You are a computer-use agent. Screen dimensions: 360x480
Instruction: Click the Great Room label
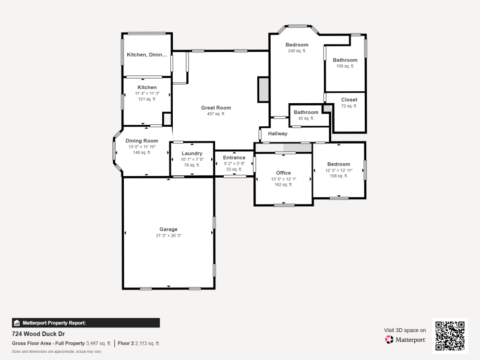click(216, 108)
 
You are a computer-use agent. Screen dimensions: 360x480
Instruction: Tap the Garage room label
click(168, 229)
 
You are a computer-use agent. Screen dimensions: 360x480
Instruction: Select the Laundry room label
click(192, 154)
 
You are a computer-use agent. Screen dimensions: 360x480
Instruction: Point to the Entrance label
click(234, 157)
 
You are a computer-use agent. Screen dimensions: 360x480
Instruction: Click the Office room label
click(283, 173)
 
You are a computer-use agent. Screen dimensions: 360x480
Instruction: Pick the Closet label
click(349, 100)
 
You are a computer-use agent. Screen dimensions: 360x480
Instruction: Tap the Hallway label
click(277, 134)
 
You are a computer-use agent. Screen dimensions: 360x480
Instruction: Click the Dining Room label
click(142, 141)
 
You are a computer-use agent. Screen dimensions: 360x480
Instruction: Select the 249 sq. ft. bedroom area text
click(297, 51)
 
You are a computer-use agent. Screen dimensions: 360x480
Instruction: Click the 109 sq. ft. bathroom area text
click(345, 66)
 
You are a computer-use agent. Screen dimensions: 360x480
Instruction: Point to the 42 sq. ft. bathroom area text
click(306, 118)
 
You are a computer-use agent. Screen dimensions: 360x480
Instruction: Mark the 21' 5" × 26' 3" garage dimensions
click(168, 236)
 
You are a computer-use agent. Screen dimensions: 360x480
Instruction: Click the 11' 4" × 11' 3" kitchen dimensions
click(147, 93)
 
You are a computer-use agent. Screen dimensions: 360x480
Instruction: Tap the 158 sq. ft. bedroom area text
click(338, 176)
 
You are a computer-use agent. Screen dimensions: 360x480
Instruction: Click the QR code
click(450, 336)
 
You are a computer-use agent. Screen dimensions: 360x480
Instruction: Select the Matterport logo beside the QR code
click(405, 340)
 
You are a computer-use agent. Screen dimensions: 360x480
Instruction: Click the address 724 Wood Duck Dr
click(38, 334)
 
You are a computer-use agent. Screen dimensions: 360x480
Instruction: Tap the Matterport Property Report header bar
click(85, 323)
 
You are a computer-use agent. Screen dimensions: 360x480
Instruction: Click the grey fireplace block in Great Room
click(263, 89)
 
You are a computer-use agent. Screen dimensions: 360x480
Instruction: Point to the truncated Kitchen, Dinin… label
click(147, 55)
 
